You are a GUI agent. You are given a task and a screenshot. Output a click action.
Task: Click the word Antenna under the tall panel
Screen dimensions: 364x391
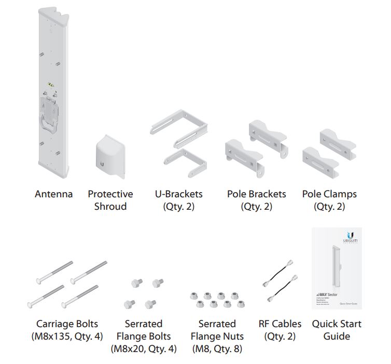[x=53, y=194]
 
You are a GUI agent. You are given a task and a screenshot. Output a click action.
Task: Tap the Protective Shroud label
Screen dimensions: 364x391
[x=110, y=200]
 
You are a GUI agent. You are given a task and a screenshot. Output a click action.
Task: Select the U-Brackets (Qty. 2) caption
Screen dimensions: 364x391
[x=178, y=200]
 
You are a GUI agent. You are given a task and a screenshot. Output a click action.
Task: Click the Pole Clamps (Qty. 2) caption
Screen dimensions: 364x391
[x=329, y=200]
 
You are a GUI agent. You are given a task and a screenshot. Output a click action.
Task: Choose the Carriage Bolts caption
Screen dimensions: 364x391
[x=67, y=324]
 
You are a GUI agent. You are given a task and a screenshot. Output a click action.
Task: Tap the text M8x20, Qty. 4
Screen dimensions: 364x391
[x=144, y=349]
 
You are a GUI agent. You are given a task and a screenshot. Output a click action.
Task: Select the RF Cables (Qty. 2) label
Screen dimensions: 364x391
[x=280, y=330]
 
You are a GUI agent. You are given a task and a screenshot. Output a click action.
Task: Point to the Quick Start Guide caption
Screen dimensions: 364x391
[x=337, y=330]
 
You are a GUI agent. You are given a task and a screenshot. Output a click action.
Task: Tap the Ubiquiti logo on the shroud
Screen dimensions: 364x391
[x=103, y=164]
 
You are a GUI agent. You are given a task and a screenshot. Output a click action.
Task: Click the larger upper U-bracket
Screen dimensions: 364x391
[x=179, y=127]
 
